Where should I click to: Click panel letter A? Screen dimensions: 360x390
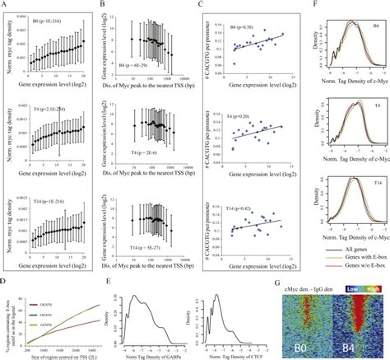click(x=5, y=4)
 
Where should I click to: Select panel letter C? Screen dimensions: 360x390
click(x=202, y=4)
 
